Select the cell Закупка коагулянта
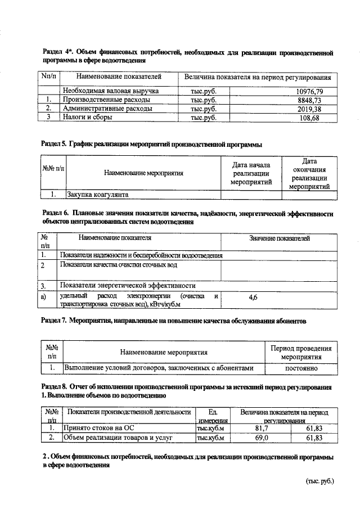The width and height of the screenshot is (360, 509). (x=98, y=195)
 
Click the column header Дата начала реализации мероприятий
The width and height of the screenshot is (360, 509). (x=252, y=173)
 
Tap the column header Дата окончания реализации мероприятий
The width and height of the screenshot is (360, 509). (x=309, y=173)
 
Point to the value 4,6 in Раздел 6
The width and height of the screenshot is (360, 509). (x=253, y=298)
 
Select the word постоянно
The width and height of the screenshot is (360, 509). (x=301, y=368)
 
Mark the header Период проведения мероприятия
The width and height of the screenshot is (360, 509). (x=301, y=353)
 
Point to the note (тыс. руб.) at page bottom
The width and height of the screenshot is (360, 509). (x=319, y=482)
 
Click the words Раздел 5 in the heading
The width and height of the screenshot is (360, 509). (x=55, y=145)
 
